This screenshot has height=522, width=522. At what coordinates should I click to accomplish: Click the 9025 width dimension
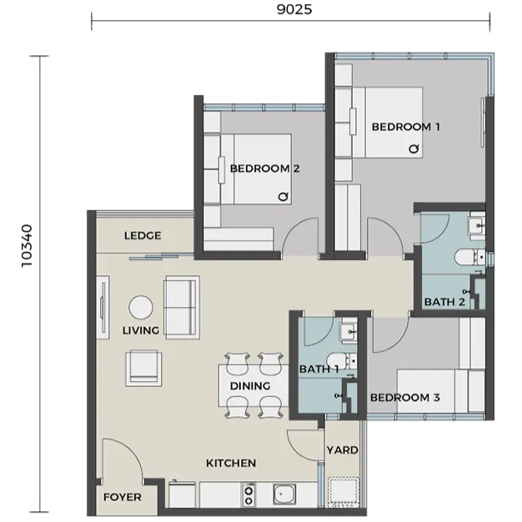click(294, 9)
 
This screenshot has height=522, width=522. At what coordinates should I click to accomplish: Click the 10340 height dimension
click(27, 246)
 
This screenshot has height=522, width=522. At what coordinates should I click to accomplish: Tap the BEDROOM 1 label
click(405, 127)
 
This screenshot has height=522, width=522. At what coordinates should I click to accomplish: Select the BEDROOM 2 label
click(264, 168)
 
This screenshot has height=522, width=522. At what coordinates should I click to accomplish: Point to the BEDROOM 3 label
click(404, 397)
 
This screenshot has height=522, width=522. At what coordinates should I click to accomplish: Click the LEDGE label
click(143, 236)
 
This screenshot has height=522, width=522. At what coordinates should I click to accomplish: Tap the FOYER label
click(123, 497)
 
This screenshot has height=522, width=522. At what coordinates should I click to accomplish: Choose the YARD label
click(342, 450)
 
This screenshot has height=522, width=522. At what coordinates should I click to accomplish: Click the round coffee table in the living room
click(141, 307)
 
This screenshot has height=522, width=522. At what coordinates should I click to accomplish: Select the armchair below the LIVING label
click(143, 368)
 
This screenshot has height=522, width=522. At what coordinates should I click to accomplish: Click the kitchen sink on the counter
click(284, 494)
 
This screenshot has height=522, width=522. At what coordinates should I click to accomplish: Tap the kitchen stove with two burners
click(248, 495)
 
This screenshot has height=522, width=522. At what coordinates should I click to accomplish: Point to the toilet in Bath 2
click(469, 257)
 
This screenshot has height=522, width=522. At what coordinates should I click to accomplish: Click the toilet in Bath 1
click(342, 361)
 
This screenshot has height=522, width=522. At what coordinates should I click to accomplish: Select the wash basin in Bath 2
click(476, 226)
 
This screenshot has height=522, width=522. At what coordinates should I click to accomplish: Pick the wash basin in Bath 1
click(349, 332)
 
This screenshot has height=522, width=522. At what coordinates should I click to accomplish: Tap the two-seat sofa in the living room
click(182, 307)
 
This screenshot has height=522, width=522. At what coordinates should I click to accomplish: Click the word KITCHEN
click(231, 463)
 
